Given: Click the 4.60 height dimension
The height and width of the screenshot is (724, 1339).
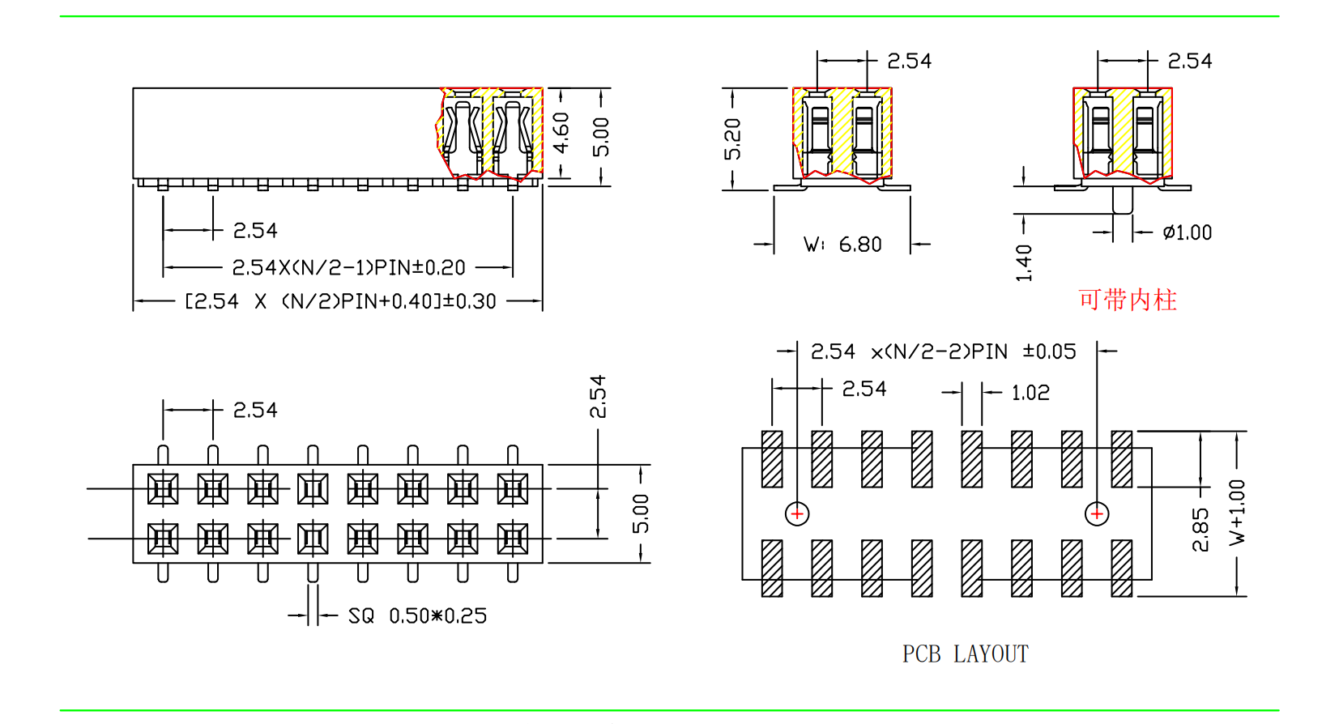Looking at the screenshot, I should [561, 133].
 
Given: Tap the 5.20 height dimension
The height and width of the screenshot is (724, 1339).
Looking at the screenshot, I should [732, 138].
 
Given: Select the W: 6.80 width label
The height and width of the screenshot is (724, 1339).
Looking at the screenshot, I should [842, 245].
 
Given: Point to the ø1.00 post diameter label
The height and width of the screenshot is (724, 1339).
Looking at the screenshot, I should [1187, 233].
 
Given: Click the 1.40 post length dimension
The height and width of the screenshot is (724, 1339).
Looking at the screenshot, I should [1024, 262].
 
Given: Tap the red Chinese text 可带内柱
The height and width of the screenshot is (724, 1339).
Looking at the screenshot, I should [1127, 300].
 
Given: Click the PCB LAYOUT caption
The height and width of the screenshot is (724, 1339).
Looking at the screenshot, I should [965, 654].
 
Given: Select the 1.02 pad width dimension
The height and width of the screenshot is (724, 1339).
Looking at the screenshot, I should [1030, 394].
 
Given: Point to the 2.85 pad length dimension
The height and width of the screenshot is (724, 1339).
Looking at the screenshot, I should [1200, 530].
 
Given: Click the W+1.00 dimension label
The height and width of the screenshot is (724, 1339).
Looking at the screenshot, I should [1237, 512].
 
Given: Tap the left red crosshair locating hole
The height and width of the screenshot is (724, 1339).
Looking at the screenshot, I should [797, 513].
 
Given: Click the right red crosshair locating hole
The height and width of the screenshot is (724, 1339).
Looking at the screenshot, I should [1097, 513].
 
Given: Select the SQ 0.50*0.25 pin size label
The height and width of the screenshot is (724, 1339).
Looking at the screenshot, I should [417, 616].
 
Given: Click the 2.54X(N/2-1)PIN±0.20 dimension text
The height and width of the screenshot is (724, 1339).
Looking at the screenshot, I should [348, 267].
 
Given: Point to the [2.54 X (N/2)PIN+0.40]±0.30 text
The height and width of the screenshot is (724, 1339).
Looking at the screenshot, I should [340, 302].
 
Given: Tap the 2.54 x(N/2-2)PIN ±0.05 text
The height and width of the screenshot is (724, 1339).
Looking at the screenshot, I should [943, 352].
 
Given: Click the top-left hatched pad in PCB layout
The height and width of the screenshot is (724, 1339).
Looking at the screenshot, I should [772, 459].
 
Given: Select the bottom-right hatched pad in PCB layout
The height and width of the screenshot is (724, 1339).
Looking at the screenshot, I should [1122, 568].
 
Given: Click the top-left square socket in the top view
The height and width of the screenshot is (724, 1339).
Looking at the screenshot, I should [163, 489].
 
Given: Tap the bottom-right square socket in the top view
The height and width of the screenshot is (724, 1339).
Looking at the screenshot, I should [513, 539].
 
